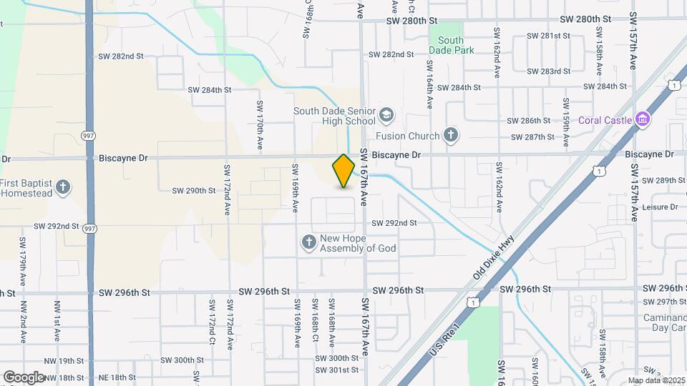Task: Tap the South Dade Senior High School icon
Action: pyautogui.click(x=386, y=115)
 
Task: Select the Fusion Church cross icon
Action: pyautogui.click(x=450, y=134)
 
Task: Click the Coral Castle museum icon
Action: pyautogui.click(x=642, y=119)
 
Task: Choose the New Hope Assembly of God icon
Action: pyautogui.click(x=309, y=243)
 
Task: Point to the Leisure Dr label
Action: pyautogui.click(x=660, y=207)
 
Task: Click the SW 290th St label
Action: pyautogui.click(x=193, y=190)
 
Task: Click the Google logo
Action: pyautogui.click(x=24, y=377)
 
